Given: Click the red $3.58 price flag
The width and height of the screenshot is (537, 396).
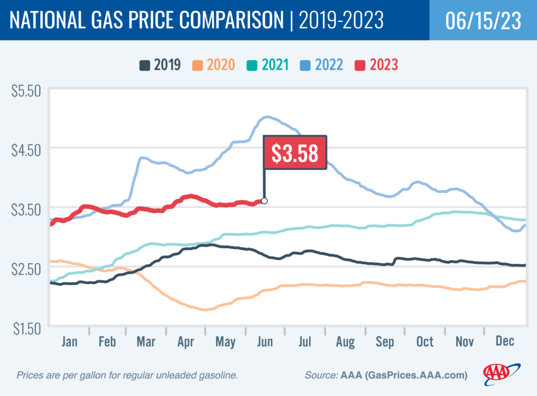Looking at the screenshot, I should coord(295,153).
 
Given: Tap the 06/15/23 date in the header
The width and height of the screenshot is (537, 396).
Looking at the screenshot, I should coord(482,20).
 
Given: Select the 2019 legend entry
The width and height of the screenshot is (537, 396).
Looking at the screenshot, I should coord(160,65).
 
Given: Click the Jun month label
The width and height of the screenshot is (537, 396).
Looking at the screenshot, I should coord(265,341).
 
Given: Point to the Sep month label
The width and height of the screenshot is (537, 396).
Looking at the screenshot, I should coord(385,341).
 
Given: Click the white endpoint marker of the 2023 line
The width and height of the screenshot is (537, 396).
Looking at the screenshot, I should coord(264,201).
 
